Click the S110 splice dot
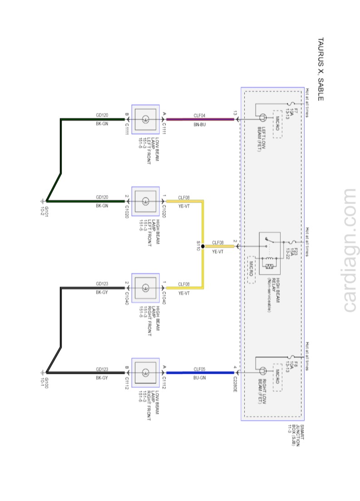(202, 246)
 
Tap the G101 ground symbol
(44, 201)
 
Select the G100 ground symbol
(44, 373)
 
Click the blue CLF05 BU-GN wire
(200, 373)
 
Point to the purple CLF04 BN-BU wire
(200, 119)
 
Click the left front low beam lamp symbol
(145, 119)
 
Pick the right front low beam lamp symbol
(145, 373)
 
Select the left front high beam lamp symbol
(145, 201)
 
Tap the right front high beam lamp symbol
(145, 288)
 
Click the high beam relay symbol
(270, 254)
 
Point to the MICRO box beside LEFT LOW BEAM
(277, 123)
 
